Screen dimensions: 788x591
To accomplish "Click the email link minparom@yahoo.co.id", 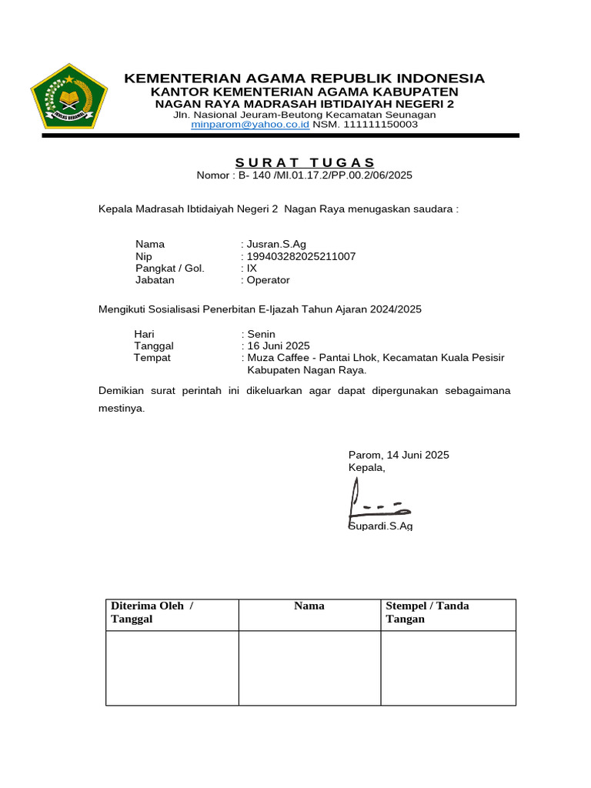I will click(250, 124).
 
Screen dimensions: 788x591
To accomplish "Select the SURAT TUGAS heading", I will click(305, 162).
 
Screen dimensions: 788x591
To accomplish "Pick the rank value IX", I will click(252, 268).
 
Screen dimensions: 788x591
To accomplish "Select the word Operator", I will click(268, 280).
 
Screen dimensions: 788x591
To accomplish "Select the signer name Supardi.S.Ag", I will click(381, 526).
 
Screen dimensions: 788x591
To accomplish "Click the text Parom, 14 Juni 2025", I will click(399, 455).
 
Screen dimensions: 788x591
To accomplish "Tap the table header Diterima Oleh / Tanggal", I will click(152, 613).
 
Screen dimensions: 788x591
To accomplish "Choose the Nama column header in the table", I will click(309, 606).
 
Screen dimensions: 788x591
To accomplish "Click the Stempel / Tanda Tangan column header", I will click(427, 613).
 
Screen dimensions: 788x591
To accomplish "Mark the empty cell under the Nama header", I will click(309, 667).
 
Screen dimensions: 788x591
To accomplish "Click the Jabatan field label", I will click(155, 280).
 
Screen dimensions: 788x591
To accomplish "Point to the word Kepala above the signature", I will click(366, 467).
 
